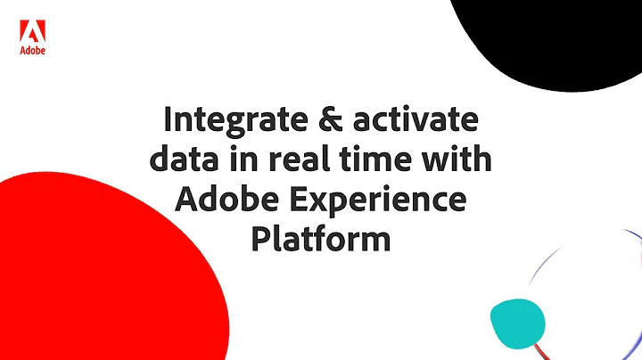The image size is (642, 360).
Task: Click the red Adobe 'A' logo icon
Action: [32, 32]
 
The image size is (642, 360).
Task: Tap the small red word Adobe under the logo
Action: [32, 51]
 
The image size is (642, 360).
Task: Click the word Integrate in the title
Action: [234, 121]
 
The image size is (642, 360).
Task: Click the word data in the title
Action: [182, 161]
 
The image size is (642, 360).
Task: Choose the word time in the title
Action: [376, 161]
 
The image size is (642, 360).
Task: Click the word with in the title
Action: [457, 161]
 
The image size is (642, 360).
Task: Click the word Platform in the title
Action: [320, 241]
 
